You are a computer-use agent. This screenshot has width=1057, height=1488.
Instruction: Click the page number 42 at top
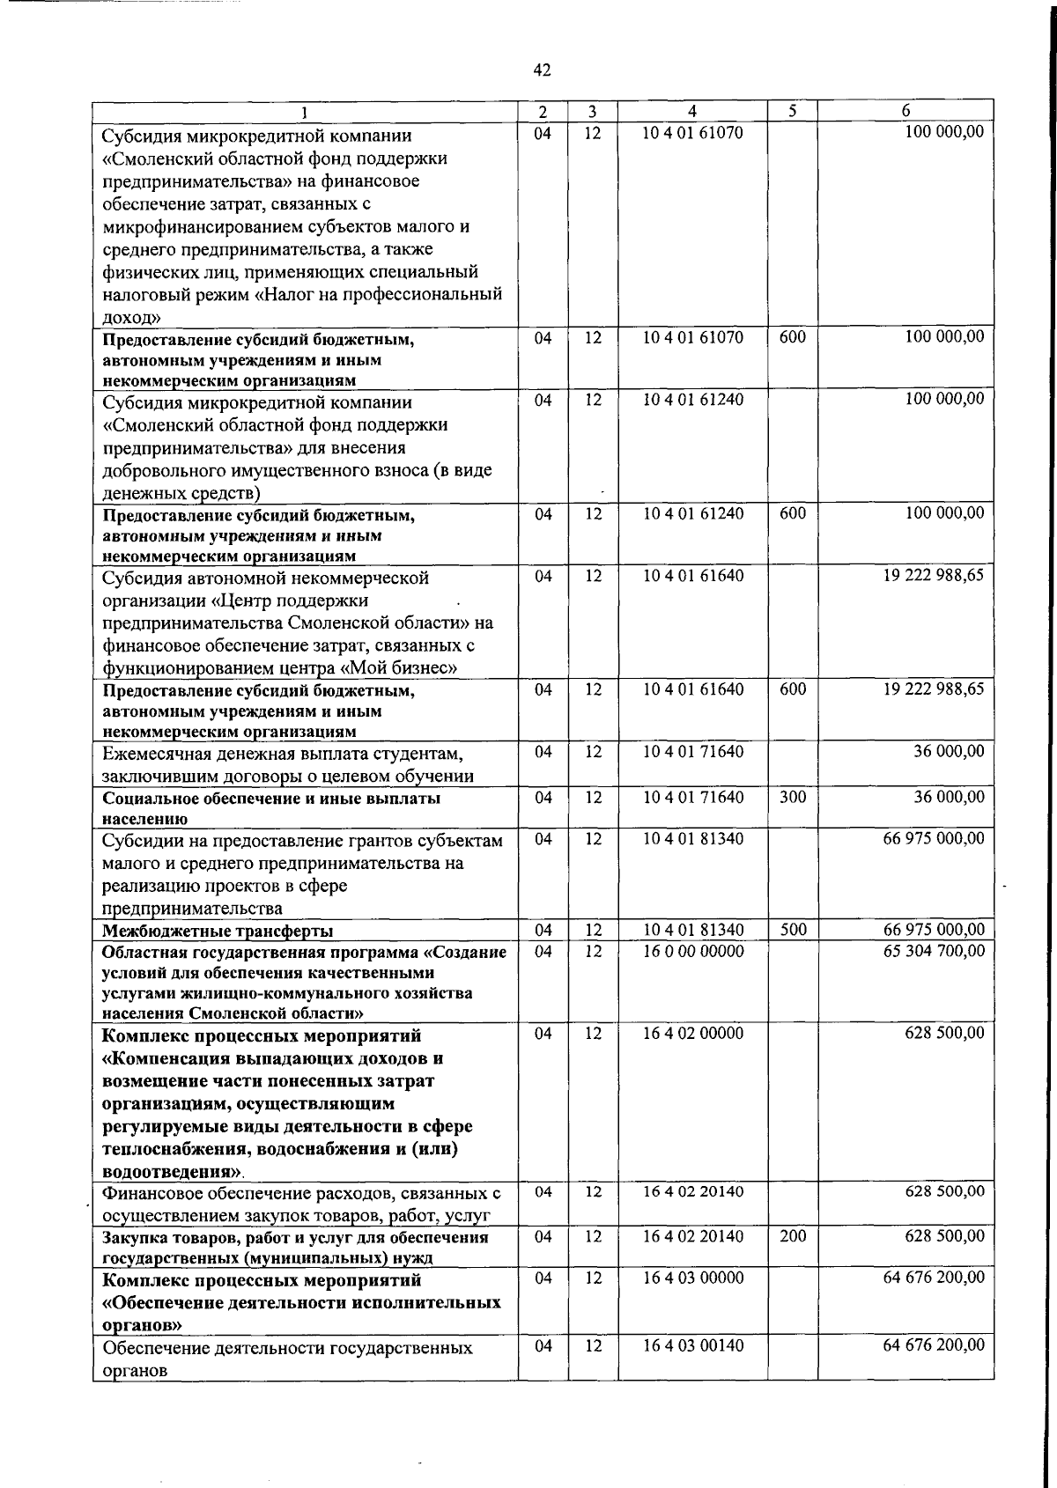click(542, 70)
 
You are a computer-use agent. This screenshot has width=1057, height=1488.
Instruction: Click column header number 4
click(692, 112)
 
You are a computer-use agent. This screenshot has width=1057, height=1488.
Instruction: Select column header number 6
click(905, 112)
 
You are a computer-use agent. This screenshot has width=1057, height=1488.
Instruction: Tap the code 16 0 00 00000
click(692, 952)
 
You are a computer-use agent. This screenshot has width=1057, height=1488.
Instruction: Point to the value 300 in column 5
click(793, 798)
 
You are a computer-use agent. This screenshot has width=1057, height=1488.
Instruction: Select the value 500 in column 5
click(793, 930)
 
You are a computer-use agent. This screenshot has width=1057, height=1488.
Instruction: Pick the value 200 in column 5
click(793, 1236)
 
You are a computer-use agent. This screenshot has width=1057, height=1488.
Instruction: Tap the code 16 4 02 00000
click(692, 1034)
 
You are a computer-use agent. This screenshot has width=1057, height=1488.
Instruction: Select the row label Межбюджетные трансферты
click(218, 932)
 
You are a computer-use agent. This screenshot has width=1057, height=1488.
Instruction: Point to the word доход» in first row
click(131, 317)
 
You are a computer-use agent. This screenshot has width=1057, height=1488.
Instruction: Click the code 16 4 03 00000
click(692, 1278)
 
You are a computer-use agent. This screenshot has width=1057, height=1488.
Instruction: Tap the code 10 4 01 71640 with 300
click(692, 798)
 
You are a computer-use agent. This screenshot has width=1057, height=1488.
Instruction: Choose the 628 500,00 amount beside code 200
click(944, 1236)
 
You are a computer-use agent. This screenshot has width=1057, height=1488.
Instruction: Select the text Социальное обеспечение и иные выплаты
click(271, 799)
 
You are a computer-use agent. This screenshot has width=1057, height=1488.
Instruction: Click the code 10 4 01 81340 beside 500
click(692, 930)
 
